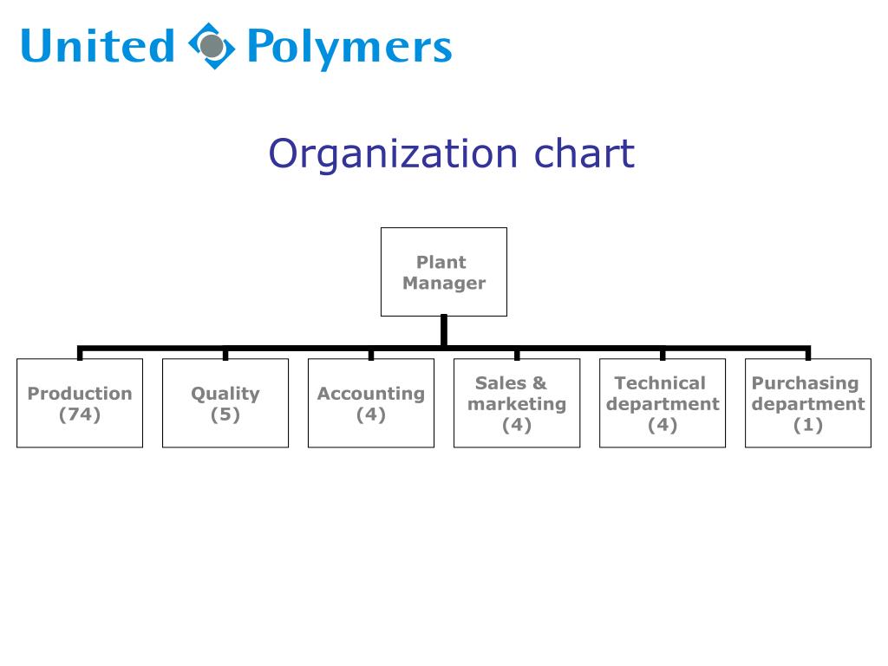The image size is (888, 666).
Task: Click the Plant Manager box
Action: click(443, 271)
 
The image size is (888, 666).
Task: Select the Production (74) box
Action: click(80, 403)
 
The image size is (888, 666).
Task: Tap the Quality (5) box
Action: click(225, 403)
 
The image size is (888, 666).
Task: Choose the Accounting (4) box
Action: click(371, 403)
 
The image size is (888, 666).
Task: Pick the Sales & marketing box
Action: click(517, 403)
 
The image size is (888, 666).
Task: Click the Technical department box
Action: click(663, 403)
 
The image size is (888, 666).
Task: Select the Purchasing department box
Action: click(808, 403)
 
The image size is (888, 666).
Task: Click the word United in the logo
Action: click(97, 46)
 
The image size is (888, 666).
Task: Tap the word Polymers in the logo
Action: click(349, 48)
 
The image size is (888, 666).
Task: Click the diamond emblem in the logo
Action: click(212, 46)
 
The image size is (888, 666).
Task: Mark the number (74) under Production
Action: click(80, 415)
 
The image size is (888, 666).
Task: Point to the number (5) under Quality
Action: click(225, 415)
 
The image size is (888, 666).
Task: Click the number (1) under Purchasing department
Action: click(808, 425)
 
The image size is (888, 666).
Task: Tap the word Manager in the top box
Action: click(444, 283)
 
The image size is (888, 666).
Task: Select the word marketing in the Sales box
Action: click(517, 404)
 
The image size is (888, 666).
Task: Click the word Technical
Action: click(661, 382)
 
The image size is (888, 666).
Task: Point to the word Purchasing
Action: click(805, 382)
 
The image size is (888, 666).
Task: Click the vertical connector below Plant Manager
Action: click(444, 330)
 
